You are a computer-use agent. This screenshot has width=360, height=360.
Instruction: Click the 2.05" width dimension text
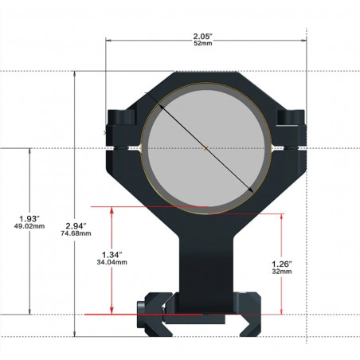click(203, 36)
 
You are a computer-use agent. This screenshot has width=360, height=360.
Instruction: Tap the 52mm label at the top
click(203, 43)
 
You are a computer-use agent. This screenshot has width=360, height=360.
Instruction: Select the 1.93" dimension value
click(29, 219)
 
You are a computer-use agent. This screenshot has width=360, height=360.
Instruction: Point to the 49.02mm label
click(29, 226)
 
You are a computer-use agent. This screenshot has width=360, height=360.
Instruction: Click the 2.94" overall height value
click(76, 226)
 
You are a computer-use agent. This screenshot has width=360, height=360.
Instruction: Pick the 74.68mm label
click(76, 233)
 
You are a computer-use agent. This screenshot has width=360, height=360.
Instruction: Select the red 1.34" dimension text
click(112, 255)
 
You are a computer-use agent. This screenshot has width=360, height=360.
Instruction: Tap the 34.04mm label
click(112, 262)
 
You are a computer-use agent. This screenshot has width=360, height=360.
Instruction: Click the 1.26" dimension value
click(282, 264)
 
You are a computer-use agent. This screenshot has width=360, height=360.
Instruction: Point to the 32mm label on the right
click(282, 272)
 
